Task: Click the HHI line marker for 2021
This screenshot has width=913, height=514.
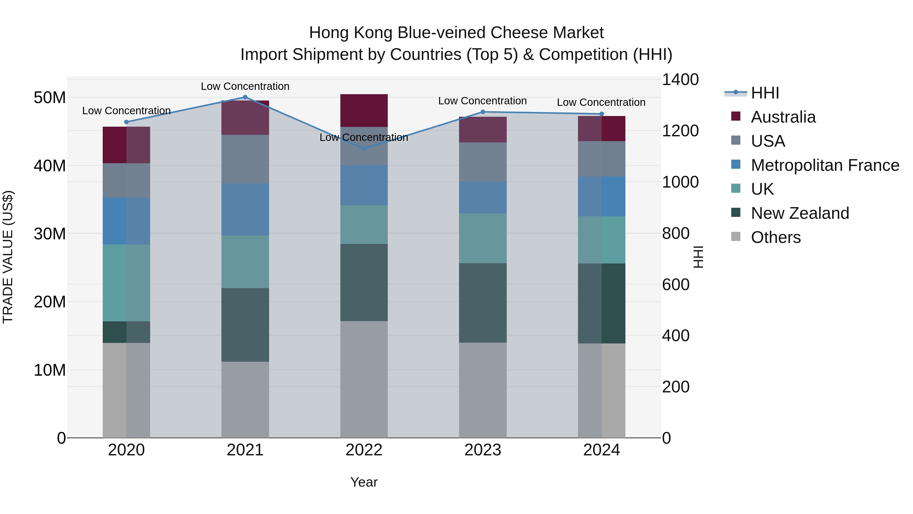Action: (x=245, y=97)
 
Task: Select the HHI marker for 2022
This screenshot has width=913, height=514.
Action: (x=364, y=149)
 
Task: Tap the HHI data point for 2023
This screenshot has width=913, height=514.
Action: (x=483, y=112)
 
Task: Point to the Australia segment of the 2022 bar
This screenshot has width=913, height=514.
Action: (x=364, y=110)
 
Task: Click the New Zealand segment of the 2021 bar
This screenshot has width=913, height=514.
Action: (x=245, y=325)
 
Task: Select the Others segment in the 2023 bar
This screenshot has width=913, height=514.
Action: (x=483, y=390)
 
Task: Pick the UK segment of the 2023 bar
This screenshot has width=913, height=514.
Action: (x=483, y=238)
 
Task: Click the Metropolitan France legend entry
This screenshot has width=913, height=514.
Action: (x=825, y=165)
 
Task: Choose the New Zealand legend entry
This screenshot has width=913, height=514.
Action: (x=800, y=213)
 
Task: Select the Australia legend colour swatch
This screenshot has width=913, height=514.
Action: (x=736, y=116)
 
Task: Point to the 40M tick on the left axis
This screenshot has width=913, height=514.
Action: (x=50, y=166)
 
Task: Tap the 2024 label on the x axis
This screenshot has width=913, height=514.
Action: (x=602, y=450)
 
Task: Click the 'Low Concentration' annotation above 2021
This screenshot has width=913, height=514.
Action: (x=245, y=86)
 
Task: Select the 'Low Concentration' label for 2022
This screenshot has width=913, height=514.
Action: (x=364, y=137)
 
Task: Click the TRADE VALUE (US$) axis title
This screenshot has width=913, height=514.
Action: (x=8, y=257)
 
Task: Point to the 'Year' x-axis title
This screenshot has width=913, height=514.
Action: (x=364, y=482)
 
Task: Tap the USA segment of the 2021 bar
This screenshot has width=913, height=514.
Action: (x=245, y=159)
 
